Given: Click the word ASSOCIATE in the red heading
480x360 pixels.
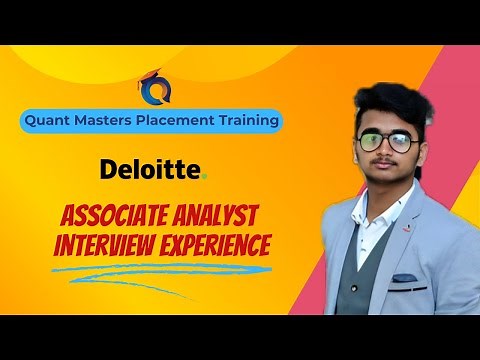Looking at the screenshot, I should (123, 216).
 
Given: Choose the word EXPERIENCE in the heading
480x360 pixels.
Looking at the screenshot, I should (218, 245).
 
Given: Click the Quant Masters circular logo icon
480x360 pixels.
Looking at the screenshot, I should (156, 89).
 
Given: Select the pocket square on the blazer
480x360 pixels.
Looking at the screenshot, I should (405, 277).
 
